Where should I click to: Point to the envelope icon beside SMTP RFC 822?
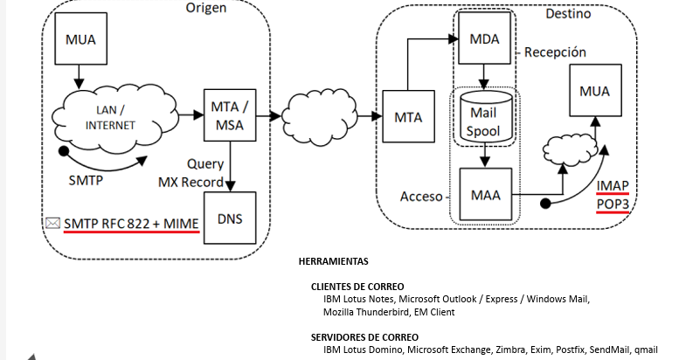53,224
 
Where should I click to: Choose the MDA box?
485,41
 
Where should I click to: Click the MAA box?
485,195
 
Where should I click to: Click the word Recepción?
555,52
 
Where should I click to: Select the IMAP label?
613,186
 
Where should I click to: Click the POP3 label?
613,204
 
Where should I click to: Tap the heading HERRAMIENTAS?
334,261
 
